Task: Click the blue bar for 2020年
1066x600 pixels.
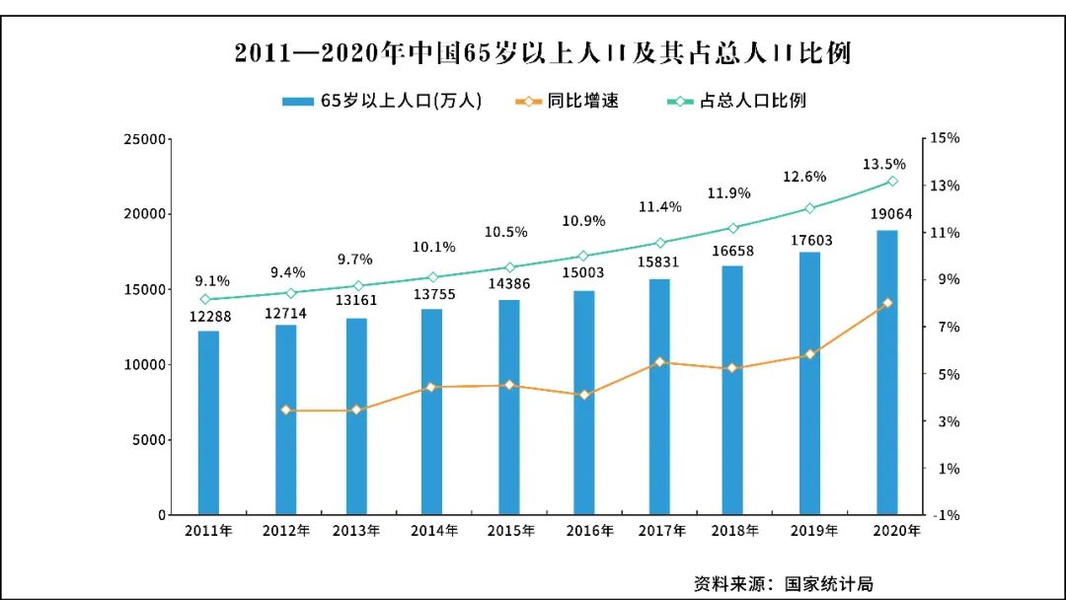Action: (887, 372)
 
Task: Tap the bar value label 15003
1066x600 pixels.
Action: (585, 275)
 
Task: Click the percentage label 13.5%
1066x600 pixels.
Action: (883, 164)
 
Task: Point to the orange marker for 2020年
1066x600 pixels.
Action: (887, 303)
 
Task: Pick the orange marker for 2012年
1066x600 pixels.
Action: (286, 410)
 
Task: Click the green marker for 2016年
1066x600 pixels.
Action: (583, 256)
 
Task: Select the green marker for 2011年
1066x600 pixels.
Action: (205, 299)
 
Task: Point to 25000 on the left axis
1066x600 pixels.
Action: (144, 139)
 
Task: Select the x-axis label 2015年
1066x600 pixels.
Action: (511, 531)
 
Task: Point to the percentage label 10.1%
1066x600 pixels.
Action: (432, 247)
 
